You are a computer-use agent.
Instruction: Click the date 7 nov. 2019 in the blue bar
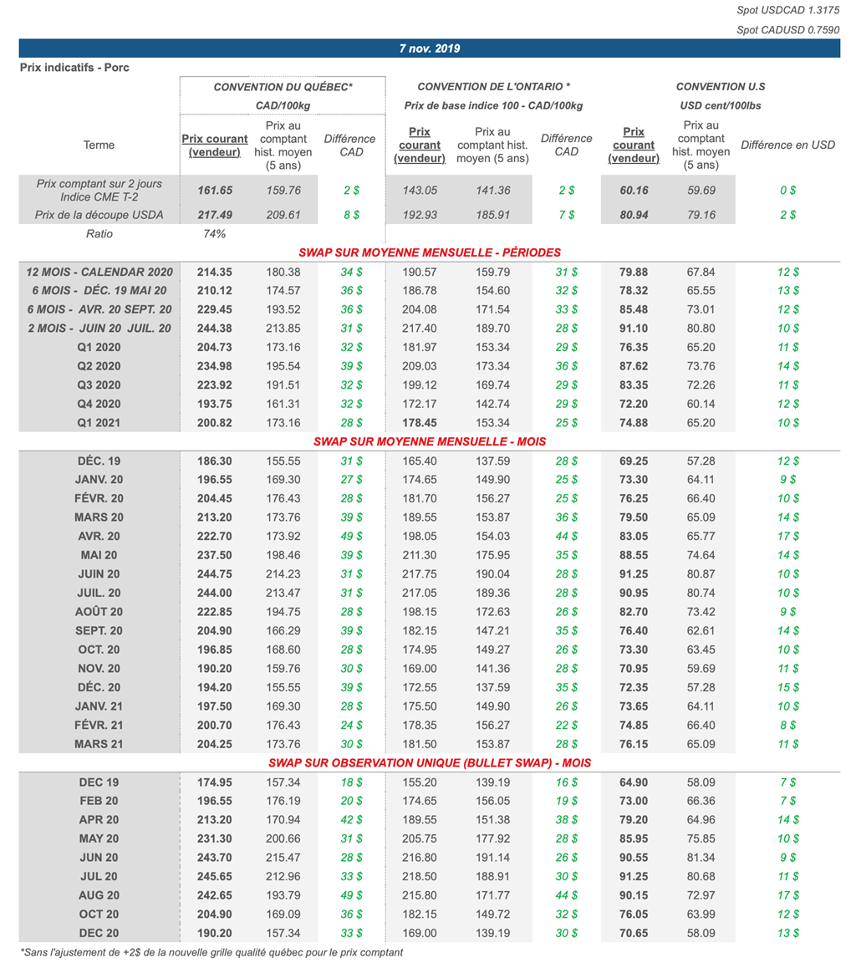pyautogui.click(x=429, y=48)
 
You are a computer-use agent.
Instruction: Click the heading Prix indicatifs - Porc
pyautogui.click(x=69, y=68)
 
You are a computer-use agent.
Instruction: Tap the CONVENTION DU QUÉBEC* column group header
pyautogui.click(x=283, y=87)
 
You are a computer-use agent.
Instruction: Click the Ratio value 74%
pyautogui.click(x=215, y=234)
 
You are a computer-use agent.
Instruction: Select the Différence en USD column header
pyautogui.click(x=788, y=145)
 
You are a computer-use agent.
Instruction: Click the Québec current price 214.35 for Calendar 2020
pyautogui.click(x=215, y=272)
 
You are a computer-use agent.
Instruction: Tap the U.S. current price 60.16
pyautogui.click(x=634, y=191)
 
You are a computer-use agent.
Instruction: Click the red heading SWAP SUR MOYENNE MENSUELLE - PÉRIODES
pyautogui.click(x=429, y=252)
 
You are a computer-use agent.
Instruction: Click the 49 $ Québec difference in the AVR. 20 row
pyautogui.click(x=351, y=536)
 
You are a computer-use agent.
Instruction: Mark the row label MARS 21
pyautogui.click(x=99, y=743)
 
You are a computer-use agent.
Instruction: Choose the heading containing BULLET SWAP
pyautogui.click(x=429, y=763)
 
